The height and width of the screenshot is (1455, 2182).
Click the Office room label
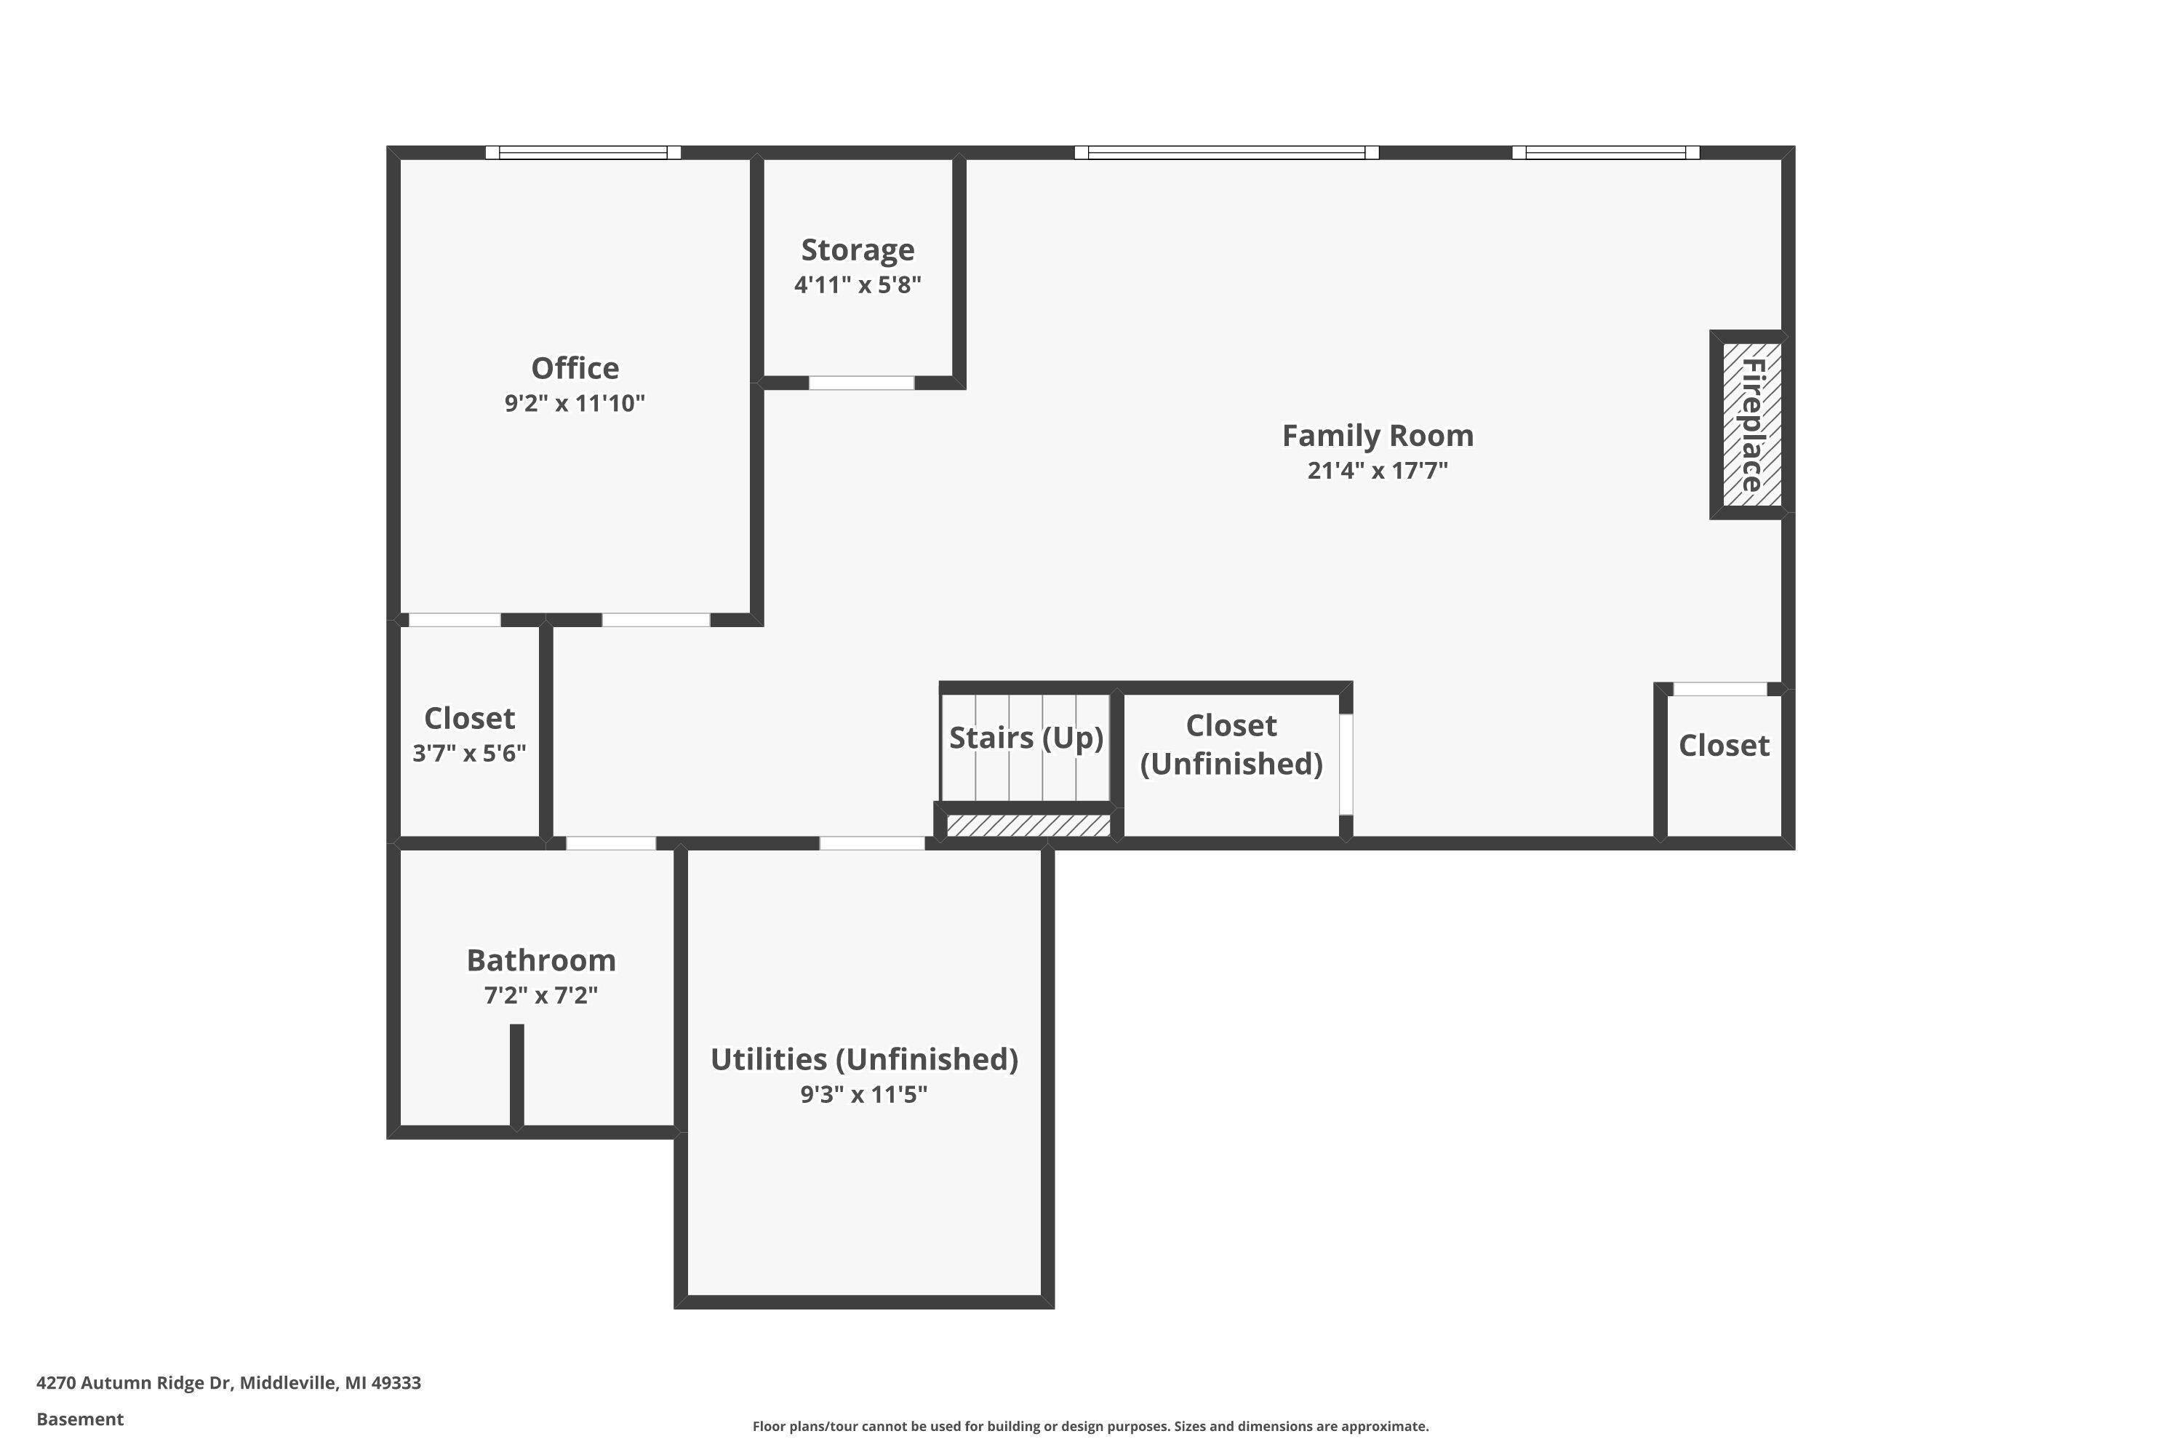[575, 368]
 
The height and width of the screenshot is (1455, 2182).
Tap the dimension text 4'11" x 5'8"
[858, 285]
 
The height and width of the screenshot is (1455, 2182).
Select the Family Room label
[1377, 435]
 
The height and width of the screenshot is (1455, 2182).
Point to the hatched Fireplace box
[1751, 424]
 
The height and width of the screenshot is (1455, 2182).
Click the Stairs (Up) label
[1026, 738]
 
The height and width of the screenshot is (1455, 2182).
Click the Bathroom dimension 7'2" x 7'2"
[541, 996]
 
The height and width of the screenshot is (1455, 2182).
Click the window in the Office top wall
[583, 152]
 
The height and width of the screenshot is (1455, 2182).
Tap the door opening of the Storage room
[861, 383]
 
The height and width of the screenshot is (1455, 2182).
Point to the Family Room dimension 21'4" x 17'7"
[1377, 471]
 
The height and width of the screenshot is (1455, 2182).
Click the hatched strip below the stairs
[1028, 825]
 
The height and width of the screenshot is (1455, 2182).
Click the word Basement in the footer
[80, 1419]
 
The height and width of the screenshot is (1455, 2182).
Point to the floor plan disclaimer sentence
[1090, 1426]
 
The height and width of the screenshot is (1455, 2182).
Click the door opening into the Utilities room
[871, 842]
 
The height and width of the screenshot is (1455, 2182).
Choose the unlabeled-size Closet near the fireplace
[1723, 746]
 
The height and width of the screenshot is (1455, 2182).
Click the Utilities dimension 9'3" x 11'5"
[864, 1095]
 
